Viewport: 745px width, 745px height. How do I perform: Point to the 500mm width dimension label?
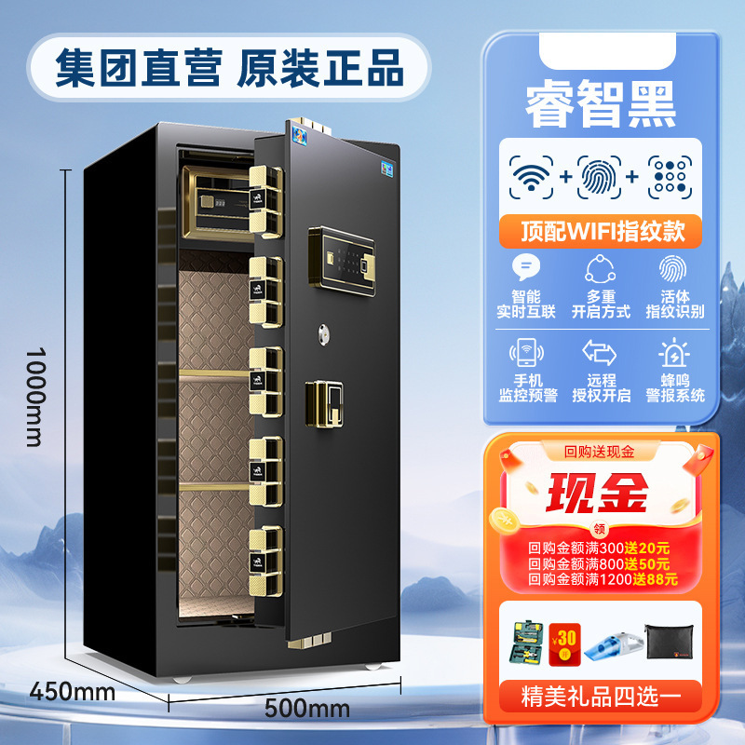tap(307, 709)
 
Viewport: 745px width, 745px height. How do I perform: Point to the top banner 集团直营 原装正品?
tap(229, 68)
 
